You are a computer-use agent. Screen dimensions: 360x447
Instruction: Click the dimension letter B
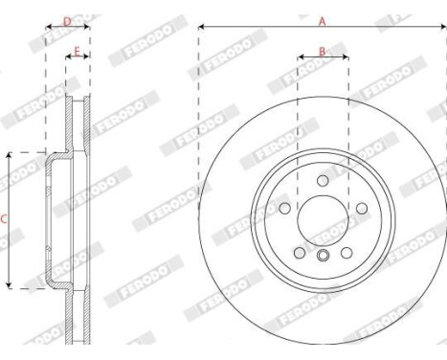(323, 51)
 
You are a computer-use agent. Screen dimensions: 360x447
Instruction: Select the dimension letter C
(4, 219)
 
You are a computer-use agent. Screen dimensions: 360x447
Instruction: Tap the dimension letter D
(67, 20)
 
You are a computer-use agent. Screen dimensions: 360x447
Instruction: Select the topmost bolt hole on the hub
(323, 181)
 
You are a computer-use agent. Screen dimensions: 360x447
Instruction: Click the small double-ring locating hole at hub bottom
(323, 255)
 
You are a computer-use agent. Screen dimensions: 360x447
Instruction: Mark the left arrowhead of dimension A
(202, 28)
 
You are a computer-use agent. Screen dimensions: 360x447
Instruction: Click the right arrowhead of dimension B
(346, 58)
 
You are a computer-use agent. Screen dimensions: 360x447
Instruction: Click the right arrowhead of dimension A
(443, 28)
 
